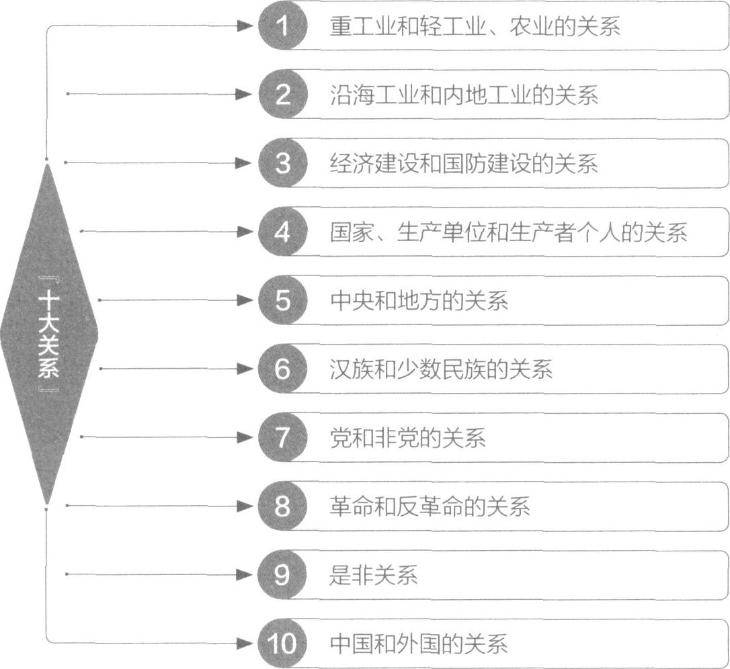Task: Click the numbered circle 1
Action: pyautogui.click(x=283, y=26)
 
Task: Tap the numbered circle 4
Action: pyautogui.click(x=283, y=232)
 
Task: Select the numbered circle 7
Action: pyautogui.click(x=283, y=437)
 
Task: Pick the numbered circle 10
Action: pyautogui.click(x=283, y=643)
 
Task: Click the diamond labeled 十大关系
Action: pyautogui.click(x=48, y=333)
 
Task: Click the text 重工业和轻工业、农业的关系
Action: pyautogui.click(x=475, y=26)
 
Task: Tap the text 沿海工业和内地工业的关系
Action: pyautogui.click(x=464, y=95)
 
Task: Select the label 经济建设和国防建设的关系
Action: pyautogui.click(x=464, y=163)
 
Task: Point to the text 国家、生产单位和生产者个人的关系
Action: pyautogui.click(x=508, y=232)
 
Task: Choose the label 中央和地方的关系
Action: pyautogui.click(x=419, y=301)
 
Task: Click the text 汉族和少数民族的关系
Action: pyautogui.click(x=441, y=369)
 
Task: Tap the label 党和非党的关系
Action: pyautogui.click(x=407, y=438)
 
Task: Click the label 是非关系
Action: pyautogui.click(x=374, y=575)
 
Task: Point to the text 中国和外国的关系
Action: pyautogui.click(x=419, y=643)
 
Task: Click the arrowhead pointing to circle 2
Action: pyautogui.click(x=248, y=94)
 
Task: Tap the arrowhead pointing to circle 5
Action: pyautogui.click(x=248, y=300)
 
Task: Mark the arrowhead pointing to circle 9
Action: pyautogui.click(x=248, y=574)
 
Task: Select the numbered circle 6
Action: pyautogui.click(x=283, y=369)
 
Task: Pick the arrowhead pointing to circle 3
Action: pyautogui.click(x=248, y=163)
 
